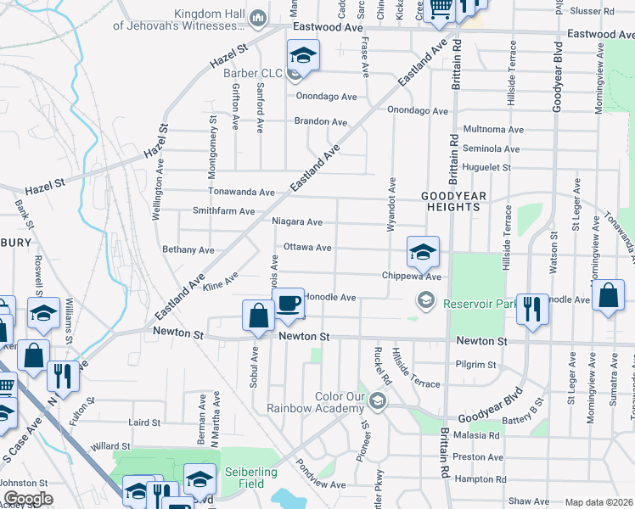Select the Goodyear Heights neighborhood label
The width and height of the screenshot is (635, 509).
(x=454, y=201)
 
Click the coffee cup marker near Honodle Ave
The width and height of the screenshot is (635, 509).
(x=289, y=304)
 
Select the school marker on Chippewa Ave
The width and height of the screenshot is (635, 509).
(x=423, y=252)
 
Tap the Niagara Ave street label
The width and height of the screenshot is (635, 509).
(x=297, y=222)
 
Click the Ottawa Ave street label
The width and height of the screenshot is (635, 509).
(x=307, y=248)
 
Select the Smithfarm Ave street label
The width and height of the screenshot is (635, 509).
(x=224, y=211)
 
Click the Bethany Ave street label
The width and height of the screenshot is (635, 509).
(x=188, y=250)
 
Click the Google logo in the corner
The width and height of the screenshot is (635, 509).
(x=28, y=499)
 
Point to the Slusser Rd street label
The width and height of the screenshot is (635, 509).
(x=593, y=11)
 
